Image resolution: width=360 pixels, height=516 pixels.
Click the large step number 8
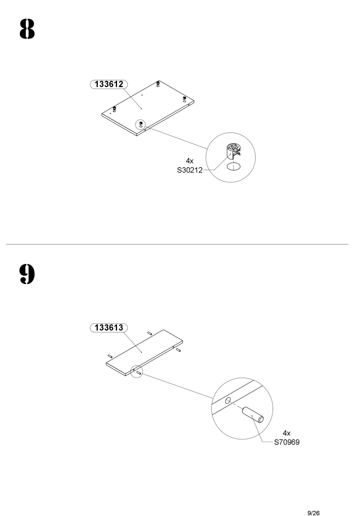[x=27, y=29]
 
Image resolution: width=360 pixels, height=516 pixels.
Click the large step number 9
[x=27, y=274]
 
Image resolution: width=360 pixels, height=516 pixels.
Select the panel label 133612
[x=109, y=84]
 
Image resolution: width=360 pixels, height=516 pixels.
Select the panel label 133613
[x=109, y=328]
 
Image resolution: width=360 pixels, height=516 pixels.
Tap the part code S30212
[x=189, y=171]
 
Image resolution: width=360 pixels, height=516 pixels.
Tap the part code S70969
[x=287, y=442]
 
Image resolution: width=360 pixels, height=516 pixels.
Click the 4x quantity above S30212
[x=189, y=161]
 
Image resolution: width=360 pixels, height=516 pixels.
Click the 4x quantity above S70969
[x=286, y=433]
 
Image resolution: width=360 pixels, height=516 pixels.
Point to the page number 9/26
[x=313, y=503]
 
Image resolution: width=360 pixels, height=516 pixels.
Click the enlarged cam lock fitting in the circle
[x=233, y=151]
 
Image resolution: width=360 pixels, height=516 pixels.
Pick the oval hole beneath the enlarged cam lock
[x=233, y=167]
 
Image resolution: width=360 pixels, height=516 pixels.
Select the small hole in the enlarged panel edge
[x=228, y=400]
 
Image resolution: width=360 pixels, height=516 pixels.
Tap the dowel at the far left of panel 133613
[x=110, y=356]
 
